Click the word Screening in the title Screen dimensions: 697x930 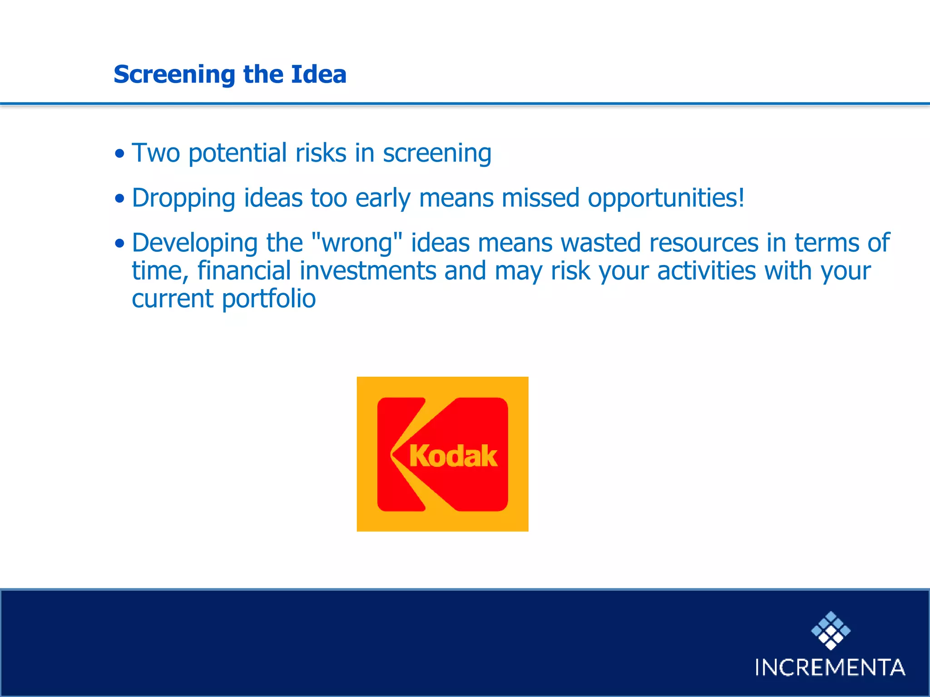[174, 75]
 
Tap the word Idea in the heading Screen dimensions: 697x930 [318, 74]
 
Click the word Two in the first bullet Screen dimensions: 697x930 [156, 153]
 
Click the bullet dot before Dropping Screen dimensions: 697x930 [119, 199]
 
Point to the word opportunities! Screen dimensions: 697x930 [666, 199]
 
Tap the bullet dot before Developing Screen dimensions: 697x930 [119, 244]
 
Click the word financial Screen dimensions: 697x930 [244, 271]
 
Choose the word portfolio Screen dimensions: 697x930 [269, 299]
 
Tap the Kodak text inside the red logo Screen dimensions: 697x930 [453, 456]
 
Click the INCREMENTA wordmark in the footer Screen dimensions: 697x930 [830, 668]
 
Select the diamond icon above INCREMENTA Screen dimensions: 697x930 [831, 630]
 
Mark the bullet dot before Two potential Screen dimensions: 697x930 [119, 154]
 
